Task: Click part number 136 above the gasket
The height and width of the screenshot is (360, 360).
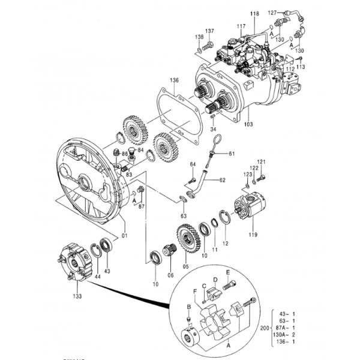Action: [174, 80]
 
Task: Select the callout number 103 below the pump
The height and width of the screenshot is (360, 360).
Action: [248, 124]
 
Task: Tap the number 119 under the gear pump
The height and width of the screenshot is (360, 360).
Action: [252, 236]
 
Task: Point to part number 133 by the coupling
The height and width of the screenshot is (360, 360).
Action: [78, 296]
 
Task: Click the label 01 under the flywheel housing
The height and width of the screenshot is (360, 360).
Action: [125, 235]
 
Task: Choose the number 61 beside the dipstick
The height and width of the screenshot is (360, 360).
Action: [232, 154]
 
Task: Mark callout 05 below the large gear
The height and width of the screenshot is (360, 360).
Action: [185, 266]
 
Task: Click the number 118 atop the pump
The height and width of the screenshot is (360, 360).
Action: [254, 13]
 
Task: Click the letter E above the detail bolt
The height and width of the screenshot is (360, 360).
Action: [229, 272]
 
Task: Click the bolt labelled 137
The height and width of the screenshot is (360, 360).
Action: [208, 45]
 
